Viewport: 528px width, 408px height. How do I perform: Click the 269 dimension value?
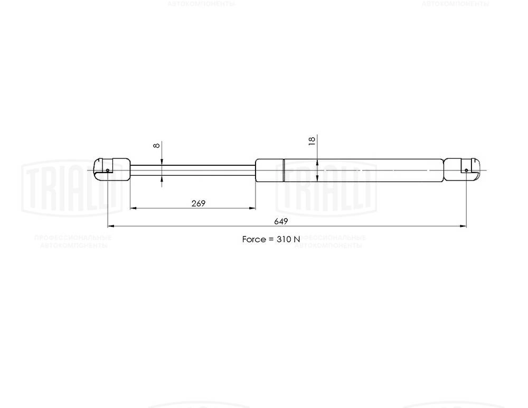point(198,203)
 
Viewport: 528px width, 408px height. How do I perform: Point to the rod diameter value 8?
point(156,146)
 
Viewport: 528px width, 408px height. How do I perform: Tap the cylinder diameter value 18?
point(312,140)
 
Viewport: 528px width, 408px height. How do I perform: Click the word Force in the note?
point(254,239)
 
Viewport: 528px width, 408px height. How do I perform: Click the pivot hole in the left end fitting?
point(107,170)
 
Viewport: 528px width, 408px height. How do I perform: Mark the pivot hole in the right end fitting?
point(466,170)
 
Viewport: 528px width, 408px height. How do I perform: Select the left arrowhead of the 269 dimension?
point(133,208)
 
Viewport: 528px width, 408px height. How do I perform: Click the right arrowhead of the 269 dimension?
point(252,208)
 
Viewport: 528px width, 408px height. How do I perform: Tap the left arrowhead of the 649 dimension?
point(110,226)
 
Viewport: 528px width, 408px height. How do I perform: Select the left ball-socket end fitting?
point(111,169)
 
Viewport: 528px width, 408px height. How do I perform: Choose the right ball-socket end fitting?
point(461,169)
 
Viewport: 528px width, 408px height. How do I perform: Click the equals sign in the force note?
point(271,239)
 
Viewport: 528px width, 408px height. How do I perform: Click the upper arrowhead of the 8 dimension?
point(162,162)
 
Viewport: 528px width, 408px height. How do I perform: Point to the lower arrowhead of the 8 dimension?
point(162,177)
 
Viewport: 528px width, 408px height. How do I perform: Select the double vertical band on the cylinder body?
point(284,170)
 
